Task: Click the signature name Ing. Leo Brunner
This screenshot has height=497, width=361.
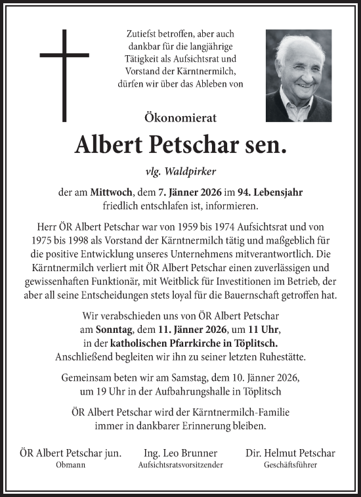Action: (180, 453)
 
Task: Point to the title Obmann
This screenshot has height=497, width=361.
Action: (70, 465)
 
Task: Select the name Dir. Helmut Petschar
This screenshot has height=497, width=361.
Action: (289, 453)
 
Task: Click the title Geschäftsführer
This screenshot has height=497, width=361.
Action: (289, 465)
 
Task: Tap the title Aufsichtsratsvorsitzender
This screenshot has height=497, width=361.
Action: (180, 465)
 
